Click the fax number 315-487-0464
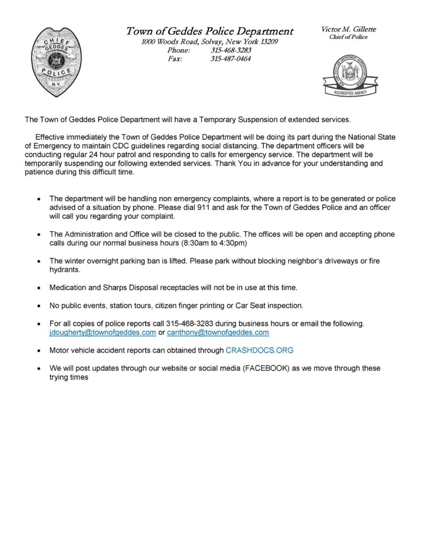pyautogui.click(x=231, y=59)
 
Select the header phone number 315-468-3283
pyautogui.click(x=231, y=50)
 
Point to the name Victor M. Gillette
pyautogui.click(x=348, y=29)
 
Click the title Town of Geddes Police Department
pyautogui.click(x=210, y=31)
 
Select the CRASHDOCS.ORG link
pyautogui.click(x=259, y=350)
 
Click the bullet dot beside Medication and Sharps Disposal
pyautogui.click(x=39, y=288)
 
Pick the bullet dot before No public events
pyautogui.click(x=39, y=306)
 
